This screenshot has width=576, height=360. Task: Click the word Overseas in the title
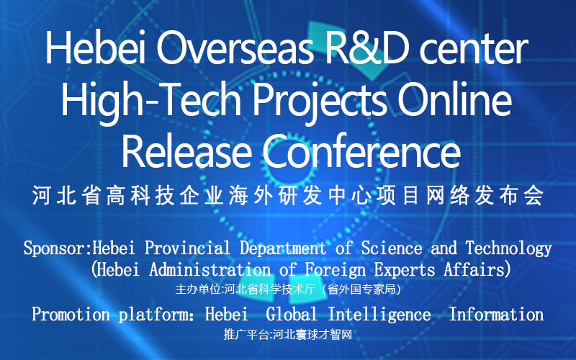(235, 49)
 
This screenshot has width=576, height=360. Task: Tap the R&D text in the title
(367, 49)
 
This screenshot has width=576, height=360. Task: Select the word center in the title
(474, 50)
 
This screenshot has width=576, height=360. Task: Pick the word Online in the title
(455, 99)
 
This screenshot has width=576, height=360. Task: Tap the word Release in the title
(186, 152)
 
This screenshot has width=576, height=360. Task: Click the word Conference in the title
(361, 151)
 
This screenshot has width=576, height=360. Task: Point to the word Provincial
(187, 248)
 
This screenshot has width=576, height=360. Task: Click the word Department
(283, 248)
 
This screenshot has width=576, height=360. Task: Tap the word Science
(392, 248)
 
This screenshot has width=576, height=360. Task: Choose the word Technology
(509, 248)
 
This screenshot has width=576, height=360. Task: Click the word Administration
(210, 270)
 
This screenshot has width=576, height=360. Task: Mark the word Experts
(405, 271)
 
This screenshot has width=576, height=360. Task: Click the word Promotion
(71, 315)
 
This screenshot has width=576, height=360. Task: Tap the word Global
(292, 315)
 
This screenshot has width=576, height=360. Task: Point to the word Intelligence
(379, 315)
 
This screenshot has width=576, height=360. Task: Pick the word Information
(496, 315)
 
